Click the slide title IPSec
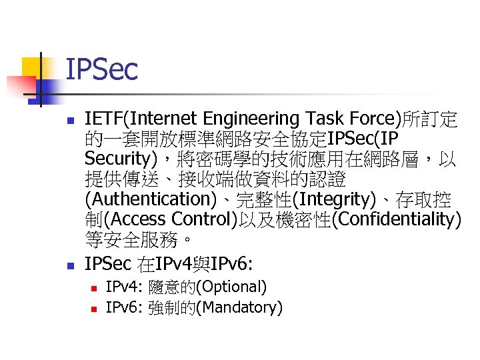click(102, 69)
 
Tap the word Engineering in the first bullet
click(243, 119)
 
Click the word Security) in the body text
click(125, 159)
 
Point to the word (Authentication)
click(147, 199)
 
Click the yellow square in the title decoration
click(33, 67)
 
